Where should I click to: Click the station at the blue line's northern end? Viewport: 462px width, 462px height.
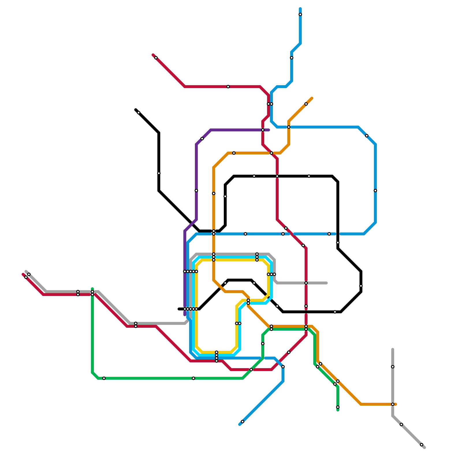tap(300, 14)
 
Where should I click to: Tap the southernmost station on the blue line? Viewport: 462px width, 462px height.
tap(243, 422)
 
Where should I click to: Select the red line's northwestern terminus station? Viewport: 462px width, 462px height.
tap(156, 58)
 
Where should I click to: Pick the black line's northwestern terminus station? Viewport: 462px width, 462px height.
tap(139, 113)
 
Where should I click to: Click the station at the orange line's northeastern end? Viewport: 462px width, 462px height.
tap(306, 104)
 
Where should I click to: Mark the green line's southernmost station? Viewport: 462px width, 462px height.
tap(338, 407)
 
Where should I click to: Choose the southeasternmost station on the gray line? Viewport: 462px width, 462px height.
tap(422, 445)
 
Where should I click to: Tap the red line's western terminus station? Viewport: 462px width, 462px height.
tap(26, 277)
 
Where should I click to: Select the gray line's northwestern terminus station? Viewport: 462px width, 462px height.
tap(29, 274)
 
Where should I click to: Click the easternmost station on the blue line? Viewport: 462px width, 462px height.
tap(375, 191)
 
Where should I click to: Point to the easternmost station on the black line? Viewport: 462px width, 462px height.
tap(361, 286)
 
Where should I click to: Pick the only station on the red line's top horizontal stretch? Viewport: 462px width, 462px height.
tap(228, 87)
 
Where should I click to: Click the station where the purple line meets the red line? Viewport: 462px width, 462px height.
tap(263, 130)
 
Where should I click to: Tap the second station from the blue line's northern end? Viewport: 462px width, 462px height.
tap(292, 58)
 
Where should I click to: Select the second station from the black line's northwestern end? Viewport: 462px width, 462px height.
tap(159, 173)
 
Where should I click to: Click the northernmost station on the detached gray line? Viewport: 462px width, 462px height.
tap(393, 367)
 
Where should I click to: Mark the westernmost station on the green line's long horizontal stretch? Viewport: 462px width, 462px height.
tap(104, 378)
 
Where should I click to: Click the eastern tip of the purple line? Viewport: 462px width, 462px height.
tap(269, 130)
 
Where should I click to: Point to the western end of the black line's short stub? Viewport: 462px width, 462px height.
tap(179, 309)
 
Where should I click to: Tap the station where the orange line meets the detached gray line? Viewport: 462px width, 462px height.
tap(393, 404)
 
